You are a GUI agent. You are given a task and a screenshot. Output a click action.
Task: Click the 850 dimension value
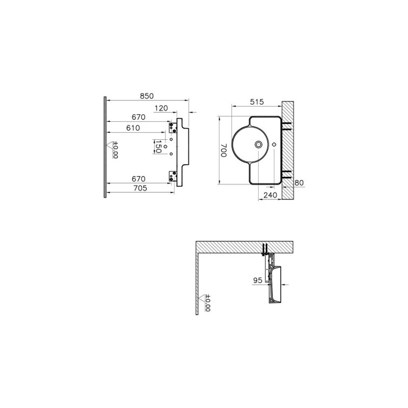pos(147,96)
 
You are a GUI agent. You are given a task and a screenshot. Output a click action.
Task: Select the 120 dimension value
pos(161,108)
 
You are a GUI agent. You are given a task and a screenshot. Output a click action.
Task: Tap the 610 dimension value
pos(133,128)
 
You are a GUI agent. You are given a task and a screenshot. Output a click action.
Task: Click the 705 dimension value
pos(140,188)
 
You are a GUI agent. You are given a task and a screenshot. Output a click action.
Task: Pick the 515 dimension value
pos(257,101)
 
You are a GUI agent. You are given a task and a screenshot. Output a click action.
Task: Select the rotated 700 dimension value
pos(224,150)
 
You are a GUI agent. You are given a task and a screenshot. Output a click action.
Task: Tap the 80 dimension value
pos(299,183)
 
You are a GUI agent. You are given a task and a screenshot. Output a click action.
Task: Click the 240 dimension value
pos(270,195)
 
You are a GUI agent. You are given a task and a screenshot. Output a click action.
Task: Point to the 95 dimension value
pos(258,280)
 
